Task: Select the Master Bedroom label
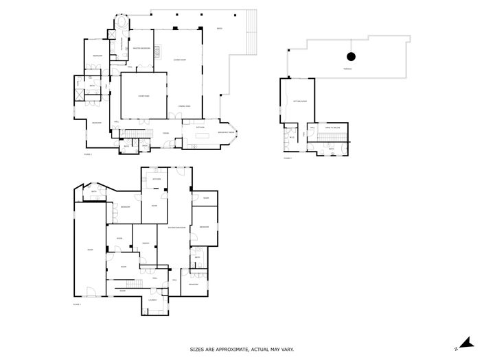[x=141, y=48]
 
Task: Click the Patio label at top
[x=219, y=29]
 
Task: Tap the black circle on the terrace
[x=351, y=57]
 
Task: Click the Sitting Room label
[x=299, y=101]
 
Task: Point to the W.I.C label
[x=291, y=137]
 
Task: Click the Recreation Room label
[x=176, y=227]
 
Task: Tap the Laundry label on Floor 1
[x=152, y=300]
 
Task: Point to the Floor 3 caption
[x=286, y=158]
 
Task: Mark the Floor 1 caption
[x=77, y=304]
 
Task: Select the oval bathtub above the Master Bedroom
[x=122, y=22]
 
